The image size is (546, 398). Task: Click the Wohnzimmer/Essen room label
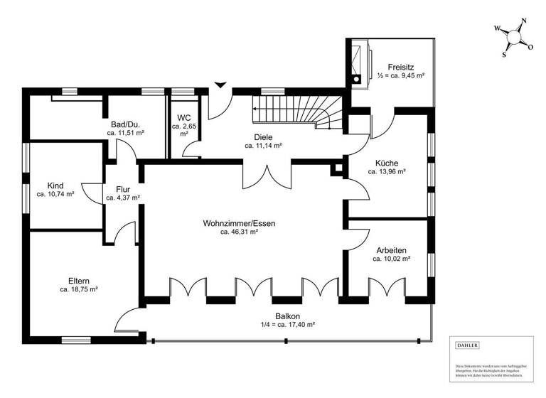(239, 223)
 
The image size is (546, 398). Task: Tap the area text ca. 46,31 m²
(239, 232)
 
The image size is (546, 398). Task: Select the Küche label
(387, 162)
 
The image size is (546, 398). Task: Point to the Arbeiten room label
(391, 250)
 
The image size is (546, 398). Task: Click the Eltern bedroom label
(79, 280)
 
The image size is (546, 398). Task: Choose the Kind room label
(55, 185)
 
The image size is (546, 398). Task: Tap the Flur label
(114, 189)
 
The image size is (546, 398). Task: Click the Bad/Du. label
(126, 124)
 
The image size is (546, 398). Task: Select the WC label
(183, 117)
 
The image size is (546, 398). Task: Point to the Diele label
(263, 137)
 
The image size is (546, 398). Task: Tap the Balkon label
(287, 316)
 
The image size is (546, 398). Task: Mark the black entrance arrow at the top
(221, 85)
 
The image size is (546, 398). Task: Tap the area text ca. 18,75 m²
(79, 290)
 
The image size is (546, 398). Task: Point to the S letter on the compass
(504, 53)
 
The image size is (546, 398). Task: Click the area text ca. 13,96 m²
(387, 171)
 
